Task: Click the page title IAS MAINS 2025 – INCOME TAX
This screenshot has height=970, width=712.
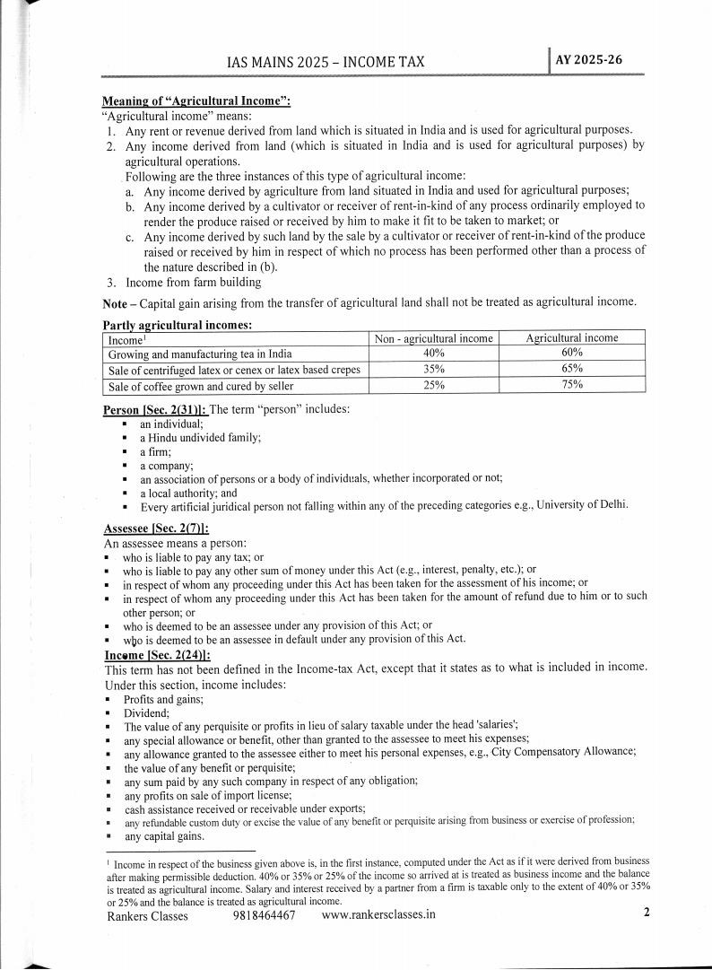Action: tap(326, 62)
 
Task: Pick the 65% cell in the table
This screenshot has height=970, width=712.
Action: tap(572, 369)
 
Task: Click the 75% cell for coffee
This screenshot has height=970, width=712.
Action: tap(572, 385)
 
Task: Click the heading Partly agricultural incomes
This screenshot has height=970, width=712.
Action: tap(177, 324)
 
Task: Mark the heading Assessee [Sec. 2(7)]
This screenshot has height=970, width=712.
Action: tap(157, 529)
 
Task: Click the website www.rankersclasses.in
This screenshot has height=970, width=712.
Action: tap(378, 915)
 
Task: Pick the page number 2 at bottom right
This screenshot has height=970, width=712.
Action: tap(646, 913)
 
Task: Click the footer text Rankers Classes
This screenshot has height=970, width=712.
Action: tap(148, 916)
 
